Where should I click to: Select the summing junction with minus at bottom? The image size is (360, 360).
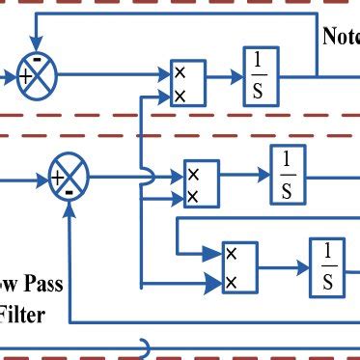point(68,178)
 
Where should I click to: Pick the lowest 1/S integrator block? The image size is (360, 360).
point(326,267)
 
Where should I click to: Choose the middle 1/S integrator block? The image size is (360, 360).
point(286,175)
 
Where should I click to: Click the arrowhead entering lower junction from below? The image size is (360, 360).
point(68,203)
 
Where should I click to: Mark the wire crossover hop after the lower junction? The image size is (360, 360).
point(142,177)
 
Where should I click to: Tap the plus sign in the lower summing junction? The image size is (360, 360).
point(58,178)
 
